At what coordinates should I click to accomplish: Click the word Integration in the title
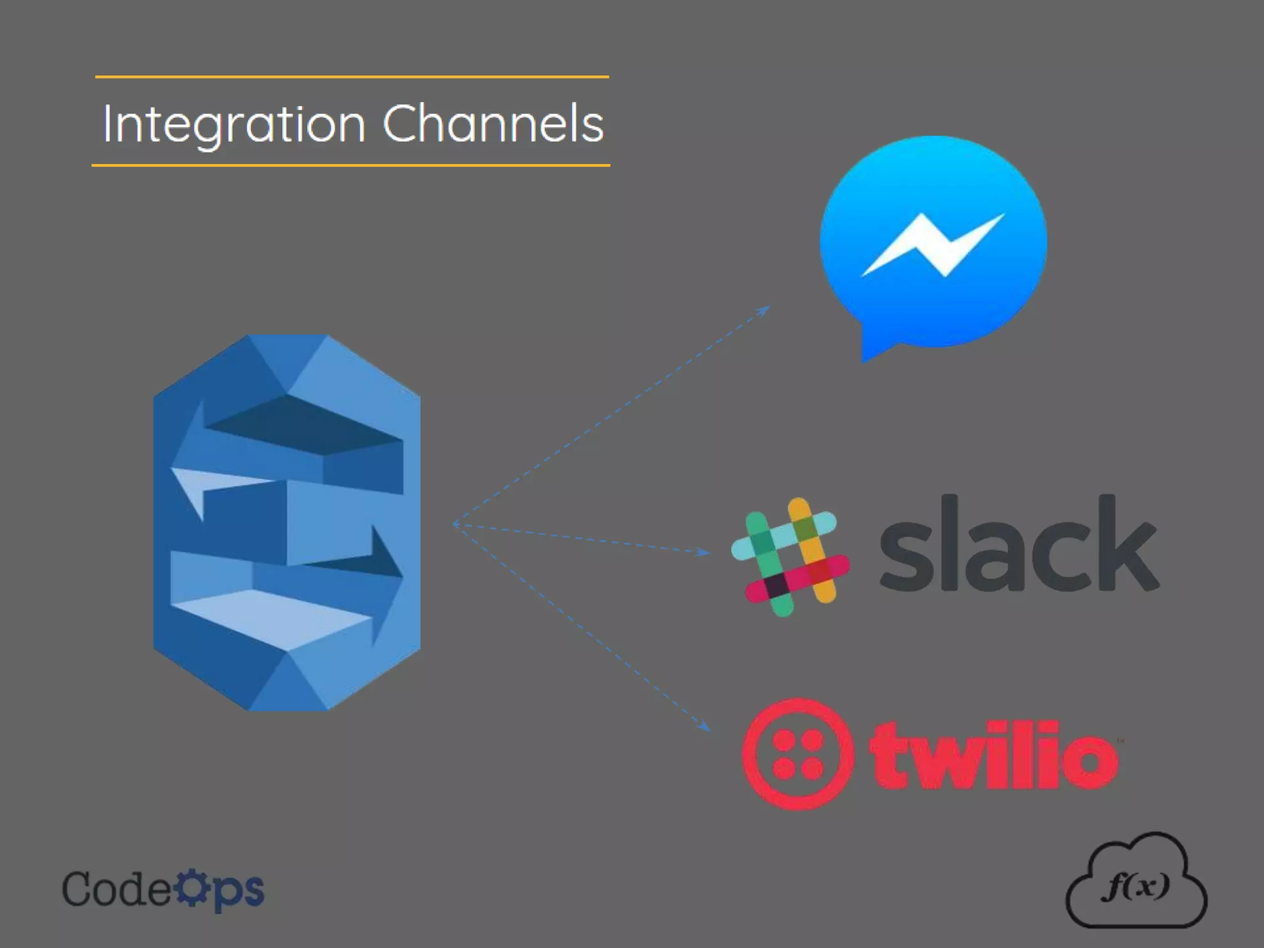click(x=233, y=125)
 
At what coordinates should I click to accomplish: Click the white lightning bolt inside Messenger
click(x=933, y=244)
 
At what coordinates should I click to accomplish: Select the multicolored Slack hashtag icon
click(x=791, y=556)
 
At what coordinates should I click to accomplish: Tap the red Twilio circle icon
click(x=798, y=754)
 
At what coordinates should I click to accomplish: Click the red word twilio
click(x=994, y=755)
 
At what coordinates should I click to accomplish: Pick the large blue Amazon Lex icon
click(x=287, y=522)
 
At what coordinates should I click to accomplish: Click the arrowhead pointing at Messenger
click(x=765, y=310)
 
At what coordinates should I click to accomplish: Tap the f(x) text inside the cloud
click(x=1136, y=886)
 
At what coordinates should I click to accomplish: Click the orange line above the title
click(x=352, y=77)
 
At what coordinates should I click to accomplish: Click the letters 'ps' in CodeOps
click(x=239, y=891)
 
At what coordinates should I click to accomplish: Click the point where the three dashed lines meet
click(x=454, y=524)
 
